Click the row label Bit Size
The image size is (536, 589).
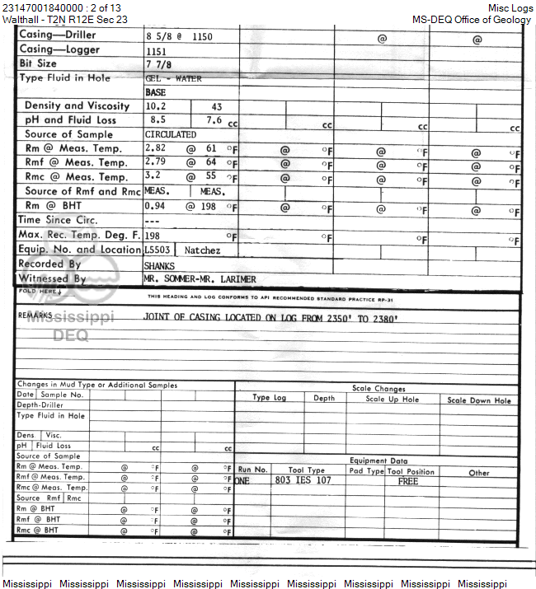tap(37, 63)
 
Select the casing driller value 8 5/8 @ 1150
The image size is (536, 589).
tap(179, 36)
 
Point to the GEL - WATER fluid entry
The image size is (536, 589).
tap(172, 79)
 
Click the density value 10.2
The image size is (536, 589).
tap(155, 106)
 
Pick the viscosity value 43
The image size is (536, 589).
tap(217, 106)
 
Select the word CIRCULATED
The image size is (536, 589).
tap(171, 134)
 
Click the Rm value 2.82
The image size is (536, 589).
tap(155, 148)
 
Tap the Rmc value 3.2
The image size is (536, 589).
tap(153, 176)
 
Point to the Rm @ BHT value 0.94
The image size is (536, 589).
tap(155, 205)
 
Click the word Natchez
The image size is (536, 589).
tap(202, 249)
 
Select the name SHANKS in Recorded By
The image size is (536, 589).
tap(159, 265)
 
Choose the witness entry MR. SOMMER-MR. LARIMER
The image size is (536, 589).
tap(199, 279)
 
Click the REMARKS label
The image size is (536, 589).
tap(35, 316)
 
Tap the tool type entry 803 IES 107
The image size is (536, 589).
tap(303, 480)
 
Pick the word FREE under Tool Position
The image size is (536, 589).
tap(408, 481)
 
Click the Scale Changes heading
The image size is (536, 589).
tap(378, 389)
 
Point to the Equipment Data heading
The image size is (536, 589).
tap(378, 461)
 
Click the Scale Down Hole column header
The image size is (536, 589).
tap(479, 400)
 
